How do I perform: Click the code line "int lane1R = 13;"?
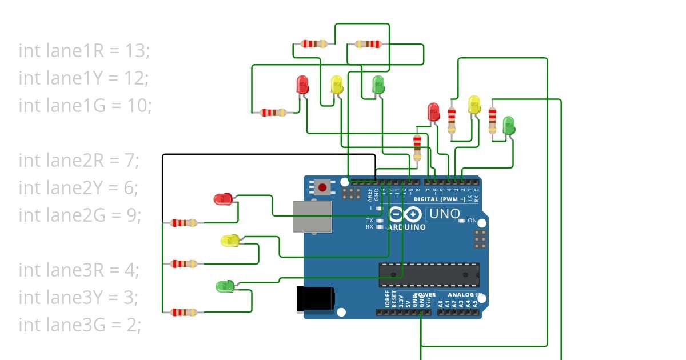click(84, 51)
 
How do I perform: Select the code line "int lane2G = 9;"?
click(80, 215)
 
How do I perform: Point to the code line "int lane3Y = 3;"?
click(79, 298)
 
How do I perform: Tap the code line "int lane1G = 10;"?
click(85, 106)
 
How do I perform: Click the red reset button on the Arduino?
click(322, 187)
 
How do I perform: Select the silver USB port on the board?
click(312, 217)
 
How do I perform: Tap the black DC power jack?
click(315, 299)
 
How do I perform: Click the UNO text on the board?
click(444, 214)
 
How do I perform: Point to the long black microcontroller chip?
click(429, 275)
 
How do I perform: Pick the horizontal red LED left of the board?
click(222, 199)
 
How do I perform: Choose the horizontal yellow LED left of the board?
click(230, 241)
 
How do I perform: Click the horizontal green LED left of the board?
click(224, 286)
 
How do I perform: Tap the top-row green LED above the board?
click(378, 85)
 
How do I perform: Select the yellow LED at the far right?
click(474, 105)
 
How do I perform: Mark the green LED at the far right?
click(508, 126)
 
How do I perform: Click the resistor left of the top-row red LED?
click(273, 113)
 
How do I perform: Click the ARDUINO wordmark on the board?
click(406, 227)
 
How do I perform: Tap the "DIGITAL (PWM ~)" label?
click(438, 199)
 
